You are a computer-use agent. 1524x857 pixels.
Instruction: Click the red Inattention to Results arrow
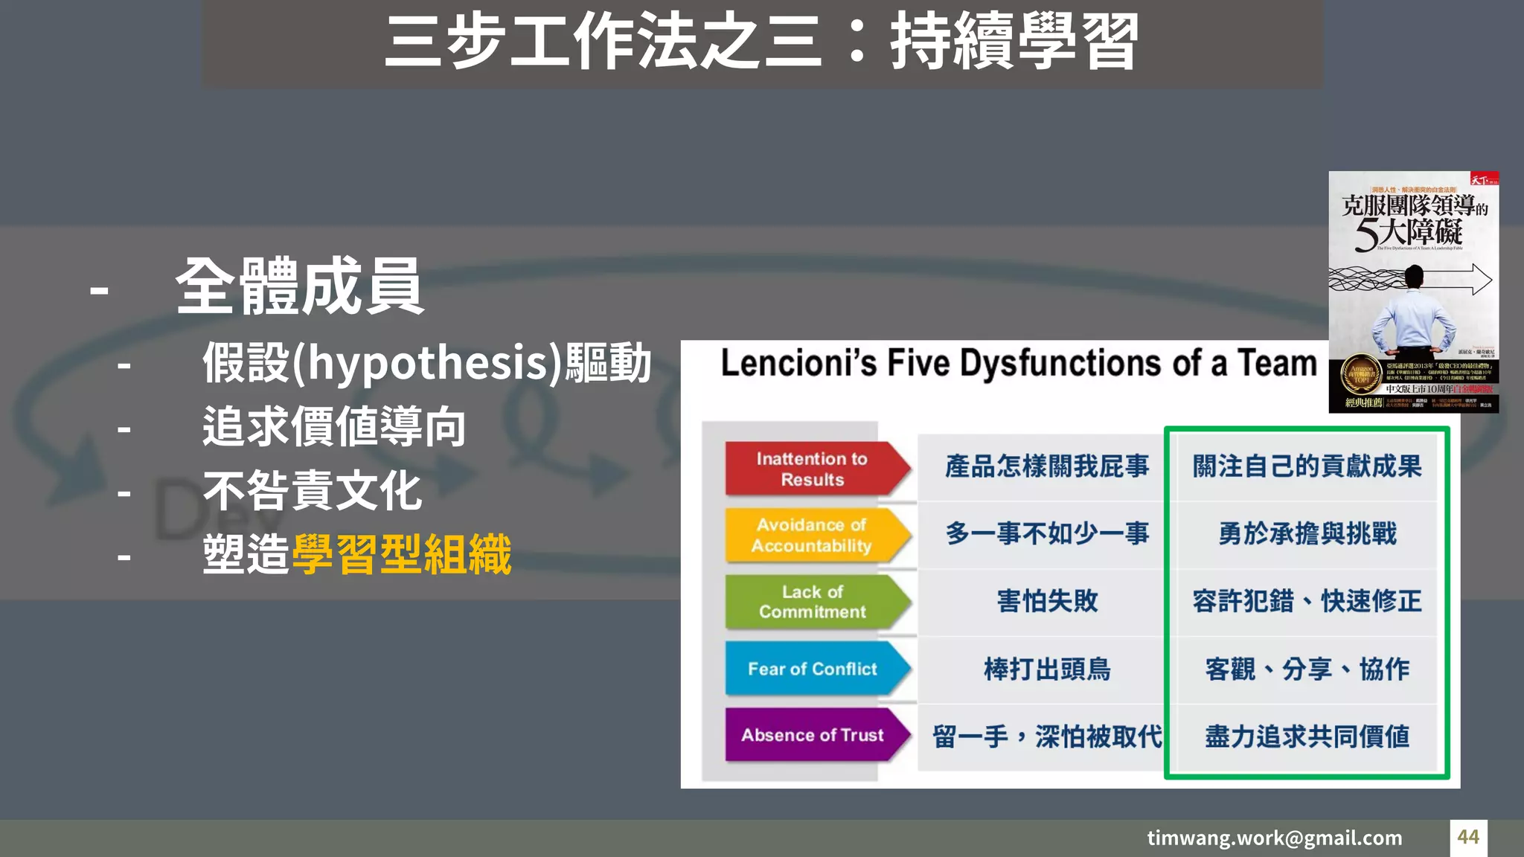tap(813, 469)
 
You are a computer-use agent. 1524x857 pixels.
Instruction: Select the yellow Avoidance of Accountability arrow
tap(813, 535)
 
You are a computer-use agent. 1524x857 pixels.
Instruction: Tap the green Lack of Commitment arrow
tap(813, 602)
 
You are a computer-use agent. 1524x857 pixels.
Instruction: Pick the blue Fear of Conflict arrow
tap(813, 669)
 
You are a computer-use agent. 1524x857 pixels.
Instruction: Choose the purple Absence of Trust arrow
tap(813, 735)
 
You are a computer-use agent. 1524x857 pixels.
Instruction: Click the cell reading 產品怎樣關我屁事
tap(1047, 466)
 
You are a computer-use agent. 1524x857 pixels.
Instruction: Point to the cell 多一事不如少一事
tap(1047, 533)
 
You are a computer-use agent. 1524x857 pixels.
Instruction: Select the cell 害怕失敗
tap(1047, 601)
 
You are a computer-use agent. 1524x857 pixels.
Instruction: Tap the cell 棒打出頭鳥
tap(1047, 669)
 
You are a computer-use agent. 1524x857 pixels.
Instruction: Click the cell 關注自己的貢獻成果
tap(1307, 466)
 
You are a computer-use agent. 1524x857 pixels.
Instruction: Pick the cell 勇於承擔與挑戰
tap(1307, 533)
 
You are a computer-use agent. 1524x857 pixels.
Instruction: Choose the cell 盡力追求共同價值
tap(1307, 736)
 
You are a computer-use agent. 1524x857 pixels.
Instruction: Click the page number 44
tap(1468, 837)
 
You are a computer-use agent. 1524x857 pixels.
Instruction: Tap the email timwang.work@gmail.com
tap(1274, 838)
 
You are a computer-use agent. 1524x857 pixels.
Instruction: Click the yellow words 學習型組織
tap(402, 555)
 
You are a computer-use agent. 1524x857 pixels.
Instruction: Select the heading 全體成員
tap(299, 287)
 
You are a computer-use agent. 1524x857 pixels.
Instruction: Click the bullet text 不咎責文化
tap(313, 491)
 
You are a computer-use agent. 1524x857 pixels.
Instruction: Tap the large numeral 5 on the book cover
tap(1365, 234)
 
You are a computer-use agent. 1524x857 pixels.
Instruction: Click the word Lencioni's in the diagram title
tap(798, 364)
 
